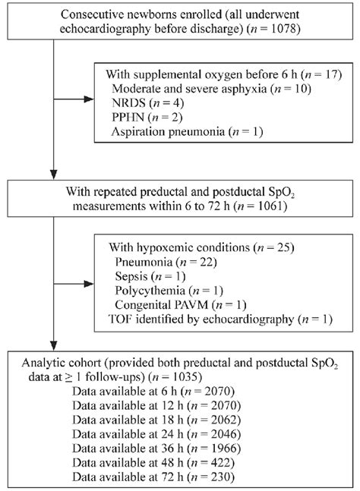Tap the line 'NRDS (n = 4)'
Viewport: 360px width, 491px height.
point(147,102)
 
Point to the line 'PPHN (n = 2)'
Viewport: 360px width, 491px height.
point(147,117)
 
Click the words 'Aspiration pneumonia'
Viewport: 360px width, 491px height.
point(168,131)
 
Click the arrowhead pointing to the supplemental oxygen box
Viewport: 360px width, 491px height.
point(90,99)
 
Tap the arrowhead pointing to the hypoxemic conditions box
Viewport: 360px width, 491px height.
point(90,284)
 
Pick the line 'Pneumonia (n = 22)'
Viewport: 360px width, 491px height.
point(166,262)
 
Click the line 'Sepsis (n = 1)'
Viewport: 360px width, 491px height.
point(150,276)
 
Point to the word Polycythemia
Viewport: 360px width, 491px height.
point(150,291)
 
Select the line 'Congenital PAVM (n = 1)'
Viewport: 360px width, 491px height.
point(181,304)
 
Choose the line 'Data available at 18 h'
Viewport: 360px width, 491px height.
point(156,420)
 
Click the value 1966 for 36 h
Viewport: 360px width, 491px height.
point(224,449)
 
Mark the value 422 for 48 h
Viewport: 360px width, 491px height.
point(217,463)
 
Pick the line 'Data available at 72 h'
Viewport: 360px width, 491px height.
point(153,477)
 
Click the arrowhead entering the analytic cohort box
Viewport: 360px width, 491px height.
point(54,345)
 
